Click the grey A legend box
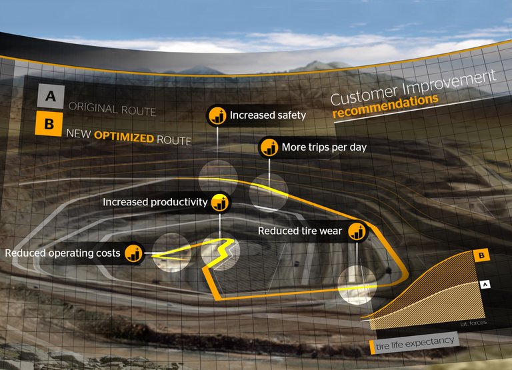(51, 96)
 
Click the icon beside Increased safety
(217, 115)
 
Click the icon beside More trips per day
(269, 147)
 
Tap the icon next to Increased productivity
(219, 202)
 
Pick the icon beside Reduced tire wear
(357, 231)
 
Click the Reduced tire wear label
(300, 231)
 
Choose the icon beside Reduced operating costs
(134, 253)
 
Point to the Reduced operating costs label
(63, 253)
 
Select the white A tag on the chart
(485, 284)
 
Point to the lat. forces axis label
(473, 323)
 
